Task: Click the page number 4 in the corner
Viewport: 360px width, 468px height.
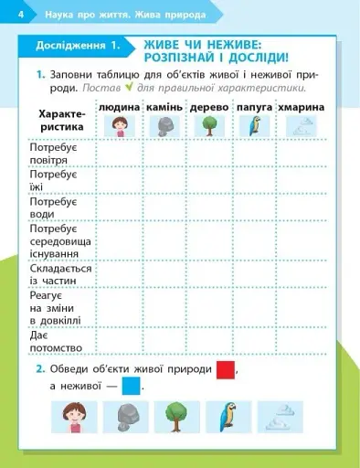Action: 8,14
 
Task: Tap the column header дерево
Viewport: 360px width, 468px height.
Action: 209,108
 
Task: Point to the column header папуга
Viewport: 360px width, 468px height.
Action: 254,108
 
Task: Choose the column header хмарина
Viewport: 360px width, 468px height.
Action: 300,108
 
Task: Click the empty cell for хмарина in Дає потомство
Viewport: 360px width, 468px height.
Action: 300,341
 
